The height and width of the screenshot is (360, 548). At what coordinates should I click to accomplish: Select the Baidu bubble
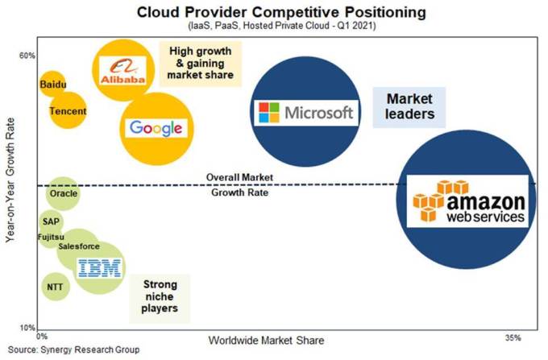point(53,83)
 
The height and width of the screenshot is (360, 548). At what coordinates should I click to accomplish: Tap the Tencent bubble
point(68,111)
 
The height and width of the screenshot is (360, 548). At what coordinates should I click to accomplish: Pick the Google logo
point(156,127)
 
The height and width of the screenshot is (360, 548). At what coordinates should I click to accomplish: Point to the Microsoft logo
point(304,112)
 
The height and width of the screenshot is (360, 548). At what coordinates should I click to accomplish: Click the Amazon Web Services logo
point(468,201)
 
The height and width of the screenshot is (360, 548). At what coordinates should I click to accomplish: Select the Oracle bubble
point(63,194)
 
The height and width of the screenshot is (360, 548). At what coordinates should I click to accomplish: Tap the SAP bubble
point(52,221)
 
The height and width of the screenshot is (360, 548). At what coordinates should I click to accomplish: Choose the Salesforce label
point(79,246)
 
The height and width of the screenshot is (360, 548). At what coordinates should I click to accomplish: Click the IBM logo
point(99,269)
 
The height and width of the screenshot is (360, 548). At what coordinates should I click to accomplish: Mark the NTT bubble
point(55,286)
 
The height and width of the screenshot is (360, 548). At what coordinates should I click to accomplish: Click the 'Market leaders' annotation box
point(409,106)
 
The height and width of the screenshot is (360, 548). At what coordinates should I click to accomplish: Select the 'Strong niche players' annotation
point(160,296)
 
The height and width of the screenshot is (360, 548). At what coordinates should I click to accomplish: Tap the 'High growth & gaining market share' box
point(200,63)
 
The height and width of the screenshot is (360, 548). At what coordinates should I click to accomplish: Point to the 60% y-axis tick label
point(27,56)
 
